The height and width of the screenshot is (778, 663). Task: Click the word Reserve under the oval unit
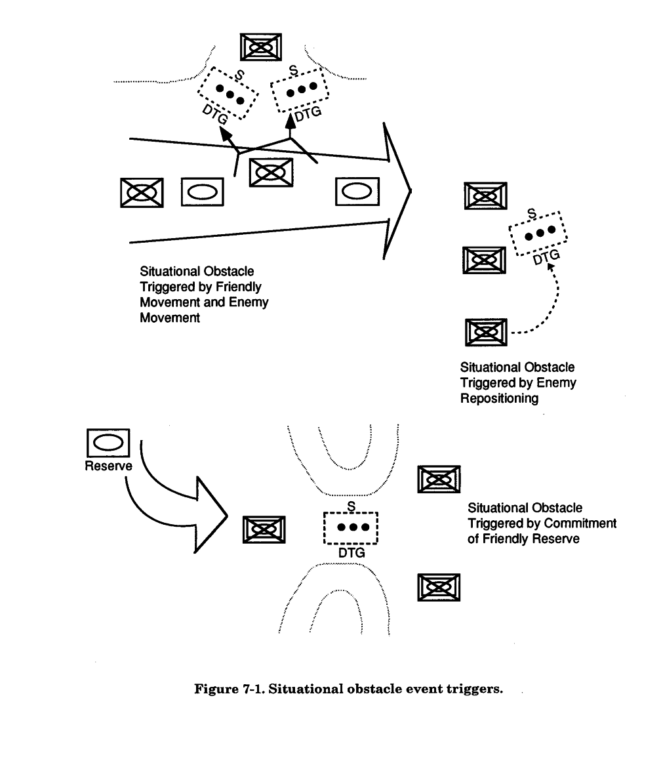click(108, 466)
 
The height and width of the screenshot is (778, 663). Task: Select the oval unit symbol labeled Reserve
click(108, 444)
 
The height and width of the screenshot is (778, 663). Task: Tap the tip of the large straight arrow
click(411, 191)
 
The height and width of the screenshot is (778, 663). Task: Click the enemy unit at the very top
click(261, 47)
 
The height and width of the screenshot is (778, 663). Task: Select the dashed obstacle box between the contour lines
click(351, 527)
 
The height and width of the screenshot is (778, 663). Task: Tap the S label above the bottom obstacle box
click(351, 506)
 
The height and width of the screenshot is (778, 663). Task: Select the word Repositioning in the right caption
click(499, 398)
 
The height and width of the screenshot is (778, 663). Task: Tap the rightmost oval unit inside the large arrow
click(357, 191)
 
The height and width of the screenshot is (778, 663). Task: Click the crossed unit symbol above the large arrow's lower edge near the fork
click(271, 173)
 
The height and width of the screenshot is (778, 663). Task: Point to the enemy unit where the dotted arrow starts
click(485, 332)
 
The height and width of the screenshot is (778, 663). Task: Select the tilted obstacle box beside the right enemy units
click(538, 232)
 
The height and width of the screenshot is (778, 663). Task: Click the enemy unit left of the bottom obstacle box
click(264, 529)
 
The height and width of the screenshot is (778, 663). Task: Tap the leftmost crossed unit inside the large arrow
click(141, 192)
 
